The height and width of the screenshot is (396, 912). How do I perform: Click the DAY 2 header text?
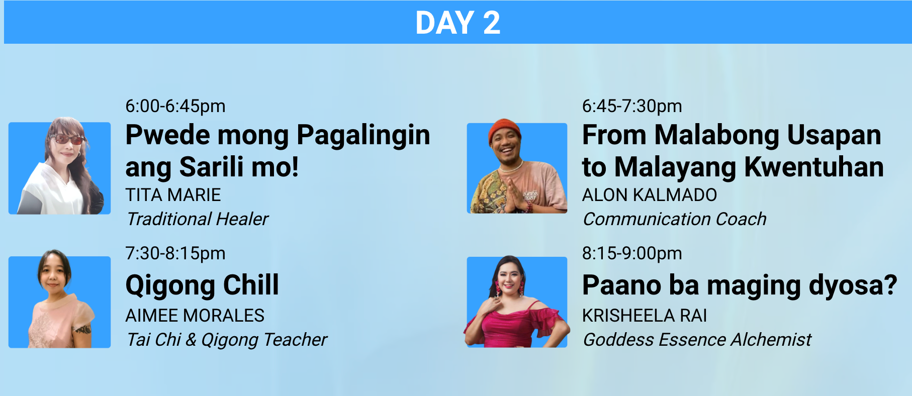458,23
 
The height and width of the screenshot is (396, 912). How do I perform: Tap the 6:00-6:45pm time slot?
175,106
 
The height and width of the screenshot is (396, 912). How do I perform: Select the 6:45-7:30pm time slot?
632,106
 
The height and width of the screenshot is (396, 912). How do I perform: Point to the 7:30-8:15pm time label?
175,253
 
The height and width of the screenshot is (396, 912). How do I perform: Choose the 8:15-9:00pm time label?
632,253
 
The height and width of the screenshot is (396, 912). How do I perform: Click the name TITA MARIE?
173,195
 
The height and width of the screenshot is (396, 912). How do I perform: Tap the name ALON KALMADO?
650,195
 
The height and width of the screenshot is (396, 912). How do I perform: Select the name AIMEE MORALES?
195,316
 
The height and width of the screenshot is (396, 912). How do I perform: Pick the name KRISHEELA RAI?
645,316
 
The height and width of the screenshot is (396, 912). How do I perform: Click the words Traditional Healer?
198,219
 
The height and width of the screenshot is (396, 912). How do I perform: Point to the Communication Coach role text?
675,219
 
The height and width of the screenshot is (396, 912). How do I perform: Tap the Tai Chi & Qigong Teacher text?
227,340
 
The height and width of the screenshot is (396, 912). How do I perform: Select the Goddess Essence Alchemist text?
697,340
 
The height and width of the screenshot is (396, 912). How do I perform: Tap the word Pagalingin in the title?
363,136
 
